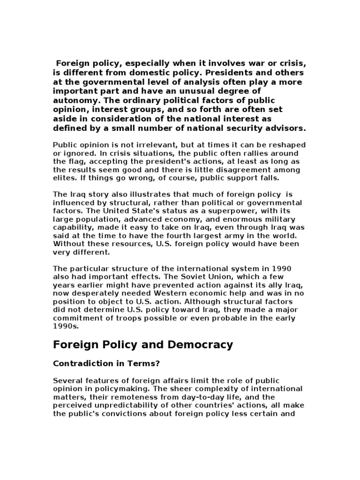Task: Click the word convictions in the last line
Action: coord(134,414)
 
